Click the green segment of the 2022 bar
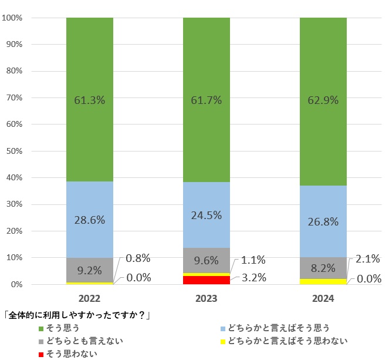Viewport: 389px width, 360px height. coord(89,70)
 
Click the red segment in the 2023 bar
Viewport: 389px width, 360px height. coord(206,280)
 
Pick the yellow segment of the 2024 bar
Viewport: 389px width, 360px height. coord(323,281)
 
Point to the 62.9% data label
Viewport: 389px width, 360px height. coord(323,100)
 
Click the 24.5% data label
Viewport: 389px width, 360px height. coord(206,215)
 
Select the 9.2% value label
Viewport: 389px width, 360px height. coord(89,271)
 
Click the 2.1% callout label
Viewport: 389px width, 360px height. coord(368,258)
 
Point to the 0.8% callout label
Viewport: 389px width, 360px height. coord(138,258)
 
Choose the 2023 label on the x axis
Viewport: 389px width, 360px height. coord(206,299)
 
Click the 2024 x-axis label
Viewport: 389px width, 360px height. coord(323,299)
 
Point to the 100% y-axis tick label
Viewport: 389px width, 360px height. coord(12,18)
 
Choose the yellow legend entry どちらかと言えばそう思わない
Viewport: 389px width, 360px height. coord(282,341)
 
